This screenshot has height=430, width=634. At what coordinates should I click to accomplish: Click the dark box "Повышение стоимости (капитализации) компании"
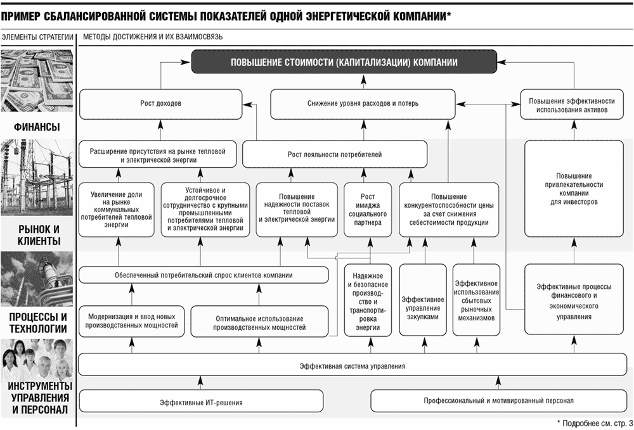344,62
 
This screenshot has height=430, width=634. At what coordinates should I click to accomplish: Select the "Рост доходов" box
161,104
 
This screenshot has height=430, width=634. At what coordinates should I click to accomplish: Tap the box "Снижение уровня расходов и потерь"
363,104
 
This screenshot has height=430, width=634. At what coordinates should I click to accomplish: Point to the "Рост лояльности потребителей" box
335,155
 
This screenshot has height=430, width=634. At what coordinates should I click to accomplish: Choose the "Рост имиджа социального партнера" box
368,210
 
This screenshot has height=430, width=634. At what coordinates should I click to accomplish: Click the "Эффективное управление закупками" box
423,300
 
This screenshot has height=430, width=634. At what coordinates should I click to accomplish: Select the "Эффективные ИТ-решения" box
202,402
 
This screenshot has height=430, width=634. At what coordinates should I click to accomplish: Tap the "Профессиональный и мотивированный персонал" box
498,401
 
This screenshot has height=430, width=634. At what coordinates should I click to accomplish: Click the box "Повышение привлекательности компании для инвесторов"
574,189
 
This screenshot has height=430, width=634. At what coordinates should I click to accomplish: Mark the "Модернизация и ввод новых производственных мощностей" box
131,321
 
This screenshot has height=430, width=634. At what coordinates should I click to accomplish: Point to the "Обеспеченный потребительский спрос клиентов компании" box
204,275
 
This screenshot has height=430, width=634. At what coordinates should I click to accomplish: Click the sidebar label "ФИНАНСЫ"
37,127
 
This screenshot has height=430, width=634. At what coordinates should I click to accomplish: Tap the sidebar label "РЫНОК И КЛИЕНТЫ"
39,235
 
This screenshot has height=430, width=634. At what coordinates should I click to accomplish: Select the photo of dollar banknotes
37,81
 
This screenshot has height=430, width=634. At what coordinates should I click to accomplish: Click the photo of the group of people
37,359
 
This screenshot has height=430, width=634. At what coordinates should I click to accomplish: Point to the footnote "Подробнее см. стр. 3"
598,423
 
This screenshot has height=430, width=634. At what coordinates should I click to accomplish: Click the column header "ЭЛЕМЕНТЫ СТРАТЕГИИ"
37,37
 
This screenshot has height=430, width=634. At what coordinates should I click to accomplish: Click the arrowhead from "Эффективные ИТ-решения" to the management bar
201,381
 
